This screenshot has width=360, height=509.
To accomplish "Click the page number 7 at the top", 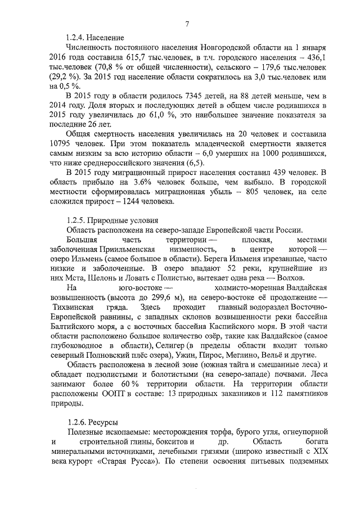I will click(187, 23).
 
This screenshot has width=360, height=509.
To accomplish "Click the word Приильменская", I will click(129, 249).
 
